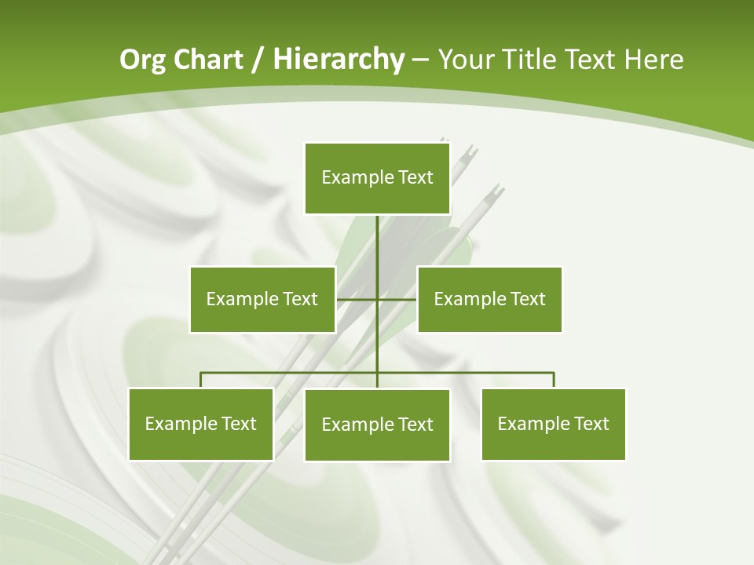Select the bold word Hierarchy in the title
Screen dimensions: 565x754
[x=338, y=60]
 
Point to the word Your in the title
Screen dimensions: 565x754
[x=466, y=60]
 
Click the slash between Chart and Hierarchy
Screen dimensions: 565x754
[x=258, y=60]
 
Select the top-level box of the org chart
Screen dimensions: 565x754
[x=377, y=178]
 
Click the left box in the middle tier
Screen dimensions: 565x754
[x=262, y=299]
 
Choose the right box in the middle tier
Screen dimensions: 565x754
[x=489, y=299]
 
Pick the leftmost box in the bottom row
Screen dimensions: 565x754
[x=201, y=424]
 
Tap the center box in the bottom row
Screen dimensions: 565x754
[x=377, y=425]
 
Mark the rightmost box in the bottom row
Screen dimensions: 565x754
[x=553, y=424]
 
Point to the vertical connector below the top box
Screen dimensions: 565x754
[x=377, y=243]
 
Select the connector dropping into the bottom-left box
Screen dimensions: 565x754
[x=201, y=380]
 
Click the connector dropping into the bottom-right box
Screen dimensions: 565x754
[x=554, y=380]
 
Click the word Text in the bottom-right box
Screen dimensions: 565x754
[x=591, y=424]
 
